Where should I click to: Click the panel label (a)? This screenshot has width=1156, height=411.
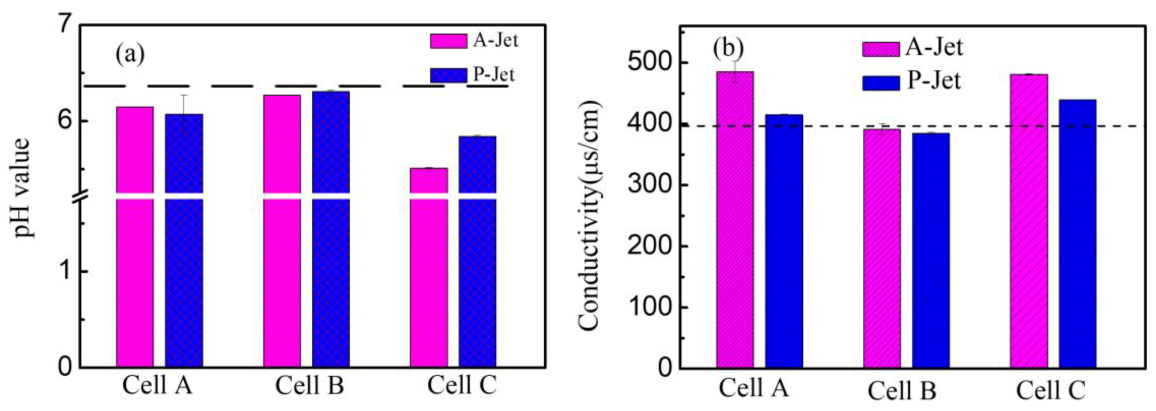[x=130, y=54]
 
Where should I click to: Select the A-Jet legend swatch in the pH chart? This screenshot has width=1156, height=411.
[x=448, y=41]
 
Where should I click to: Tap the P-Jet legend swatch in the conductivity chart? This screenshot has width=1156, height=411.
[x=881, y=83]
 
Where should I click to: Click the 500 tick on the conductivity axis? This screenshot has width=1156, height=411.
[x=651, y=63]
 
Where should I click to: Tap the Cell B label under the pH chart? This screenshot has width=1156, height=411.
[x=309, y=386]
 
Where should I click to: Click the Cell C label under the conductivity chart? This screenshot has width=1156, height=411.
[x=1051, y=390]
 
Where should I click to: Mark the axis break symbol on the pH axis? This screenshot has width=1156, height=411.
[x=80, y=196]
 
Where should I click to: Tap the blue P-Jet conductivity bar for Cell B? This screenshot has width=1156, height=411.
[x=931, y=252]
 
